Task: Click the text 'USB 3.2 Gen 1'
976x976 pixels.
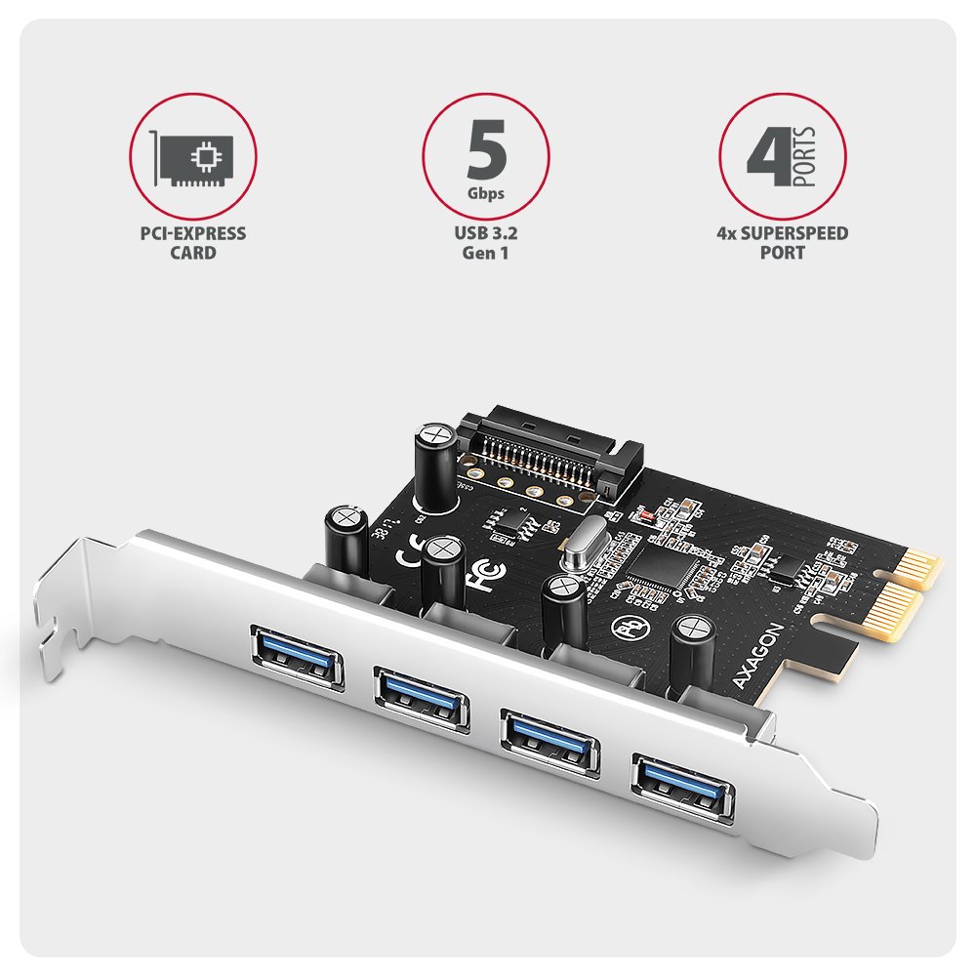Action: (x=485, y=243)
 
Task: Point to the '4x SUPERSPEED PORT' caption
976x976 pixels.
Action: (x=782, y=243)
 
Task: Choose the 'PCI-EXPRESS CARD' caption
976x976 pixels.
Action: (x=193, y=243)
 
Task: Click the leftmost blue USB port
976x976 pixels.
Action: (x=298, y=654)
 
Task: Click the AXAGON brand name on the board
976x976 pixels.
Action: (x=758, y=670)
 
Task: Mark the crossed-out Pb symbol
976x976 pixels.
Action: (x=627, y=626)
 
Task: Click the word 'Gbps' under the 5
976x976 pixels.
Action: (x=485, y=193)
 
